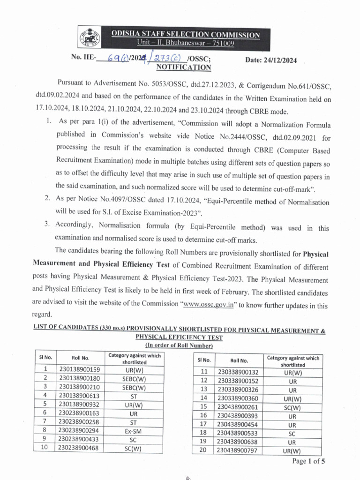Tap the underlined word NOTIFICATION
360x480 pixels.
coord(184,67)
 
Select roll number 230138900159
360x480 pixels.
coord(80,369)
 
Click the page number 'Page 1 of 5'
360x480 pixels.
coord(308,461)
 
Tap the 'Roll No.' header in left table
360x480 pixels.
coord(80,359)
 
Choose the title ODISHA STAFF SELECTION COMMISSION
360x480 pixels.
coord(191,35)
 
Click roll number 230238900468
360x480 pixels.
coord(80,448)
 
